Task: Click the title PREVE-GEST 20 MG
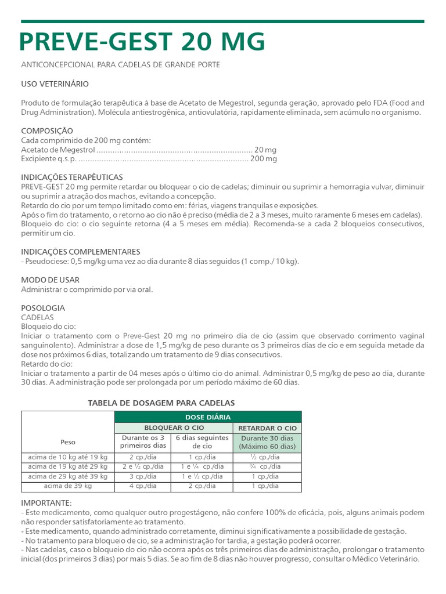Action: (142, 42)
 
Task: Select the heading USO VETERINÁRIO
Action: (55, 84)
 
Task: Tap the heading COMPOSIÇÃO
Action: (47, 131)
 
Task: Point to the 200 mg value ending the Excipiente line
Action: (264, 158)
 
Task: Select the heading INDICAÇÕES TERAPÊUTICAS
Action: (72, 177)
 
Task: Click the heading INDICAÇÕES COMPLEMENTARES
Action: (81, 252)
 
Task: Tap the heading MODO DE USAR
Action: (51, 280)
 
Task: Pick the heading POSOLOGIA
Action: (43, 308)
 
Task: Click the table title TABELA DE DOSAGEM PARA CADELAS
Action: (161, 403)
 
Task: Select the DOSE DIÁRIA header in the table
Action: (208, 417)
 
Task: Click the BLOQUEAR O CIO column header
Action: (173, 428)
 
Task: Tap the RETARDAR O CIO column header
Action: (268, 428)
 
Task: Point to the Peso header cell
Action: (68, 442)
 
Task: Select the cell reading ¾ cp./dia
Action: (267, 466)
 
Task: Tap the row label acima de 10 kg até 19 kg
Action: (68, 457)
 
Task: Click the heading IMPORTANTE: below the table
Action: (46, 502)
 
